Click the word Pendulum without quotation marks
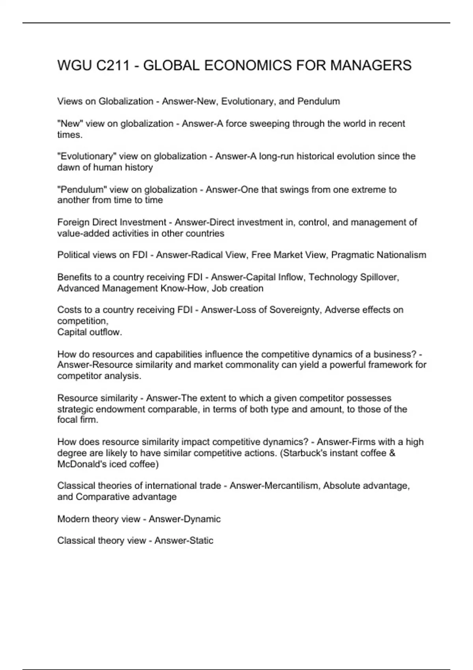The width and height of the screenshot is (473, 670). coord(318,101)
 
